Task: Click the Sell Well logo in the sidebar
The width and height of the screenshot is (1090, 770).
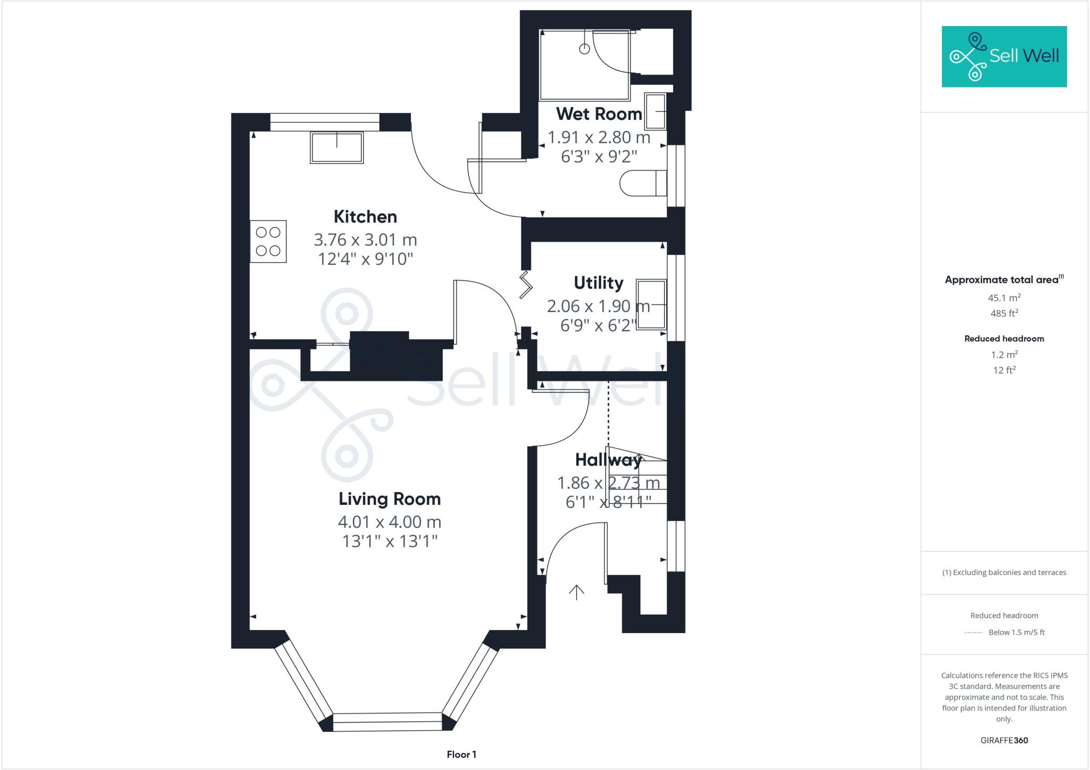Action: tap(1004, 56)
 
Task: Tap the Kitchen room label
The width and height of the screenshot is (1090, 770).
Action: tap(365, 217)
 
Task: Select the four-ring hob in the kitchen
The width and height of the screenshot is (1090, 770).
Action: tap(268, 241)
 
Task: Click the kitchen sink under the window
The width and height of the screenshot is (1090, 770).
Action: tap(336, 148)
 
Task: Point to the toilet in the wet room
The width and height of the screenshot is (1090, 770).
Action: tap(643, 183)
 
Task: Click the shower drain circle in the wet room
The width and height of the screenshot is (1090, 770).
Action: tap(584, 49)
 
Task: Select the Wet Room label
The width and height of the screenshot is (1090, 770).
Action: tap(599, 114)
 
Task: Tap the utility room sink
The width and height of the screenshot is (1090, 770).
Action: tap(651, 305)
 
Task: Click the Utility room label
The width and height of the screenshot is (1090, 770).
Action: tap(598, 283)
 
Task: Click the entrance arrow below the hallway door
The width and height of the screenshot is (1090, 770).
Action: tap(576, 592)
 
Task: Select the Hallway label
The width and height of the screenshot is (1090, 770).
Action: tap(608, 460)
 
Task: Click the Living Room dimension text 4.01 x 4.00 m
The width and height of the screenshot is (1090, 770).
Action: tap(390, 522)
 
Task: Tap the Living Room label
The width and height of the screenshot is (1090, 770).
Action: tap(390, 499)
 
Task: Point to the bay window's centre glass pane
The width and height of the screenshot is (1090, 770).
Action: tap(387, 722)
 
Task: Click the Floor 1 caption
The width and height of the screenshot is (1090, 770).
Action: tap(461, 755)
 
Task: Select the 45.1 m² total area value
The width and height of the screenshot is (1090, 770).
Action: tap(1004, 298)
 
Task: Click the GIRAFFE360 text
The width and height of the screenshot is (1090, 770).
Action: tap(1004, 740)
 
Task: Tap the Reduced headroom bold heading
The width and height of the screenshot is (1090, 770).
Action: tap(1004, 339)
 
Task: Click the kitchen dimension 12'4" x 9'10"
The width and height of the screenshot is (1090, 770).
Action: tap(365, 259)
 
